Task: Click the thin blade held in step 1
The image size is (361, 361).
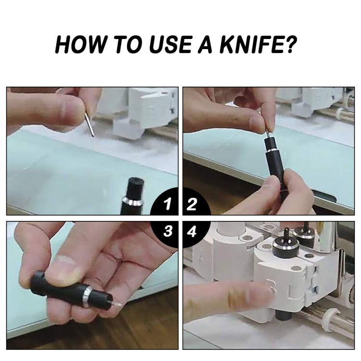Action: tap(90, 125)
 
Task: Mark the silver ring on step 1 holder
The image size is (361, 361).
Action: tap(131, 201)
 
